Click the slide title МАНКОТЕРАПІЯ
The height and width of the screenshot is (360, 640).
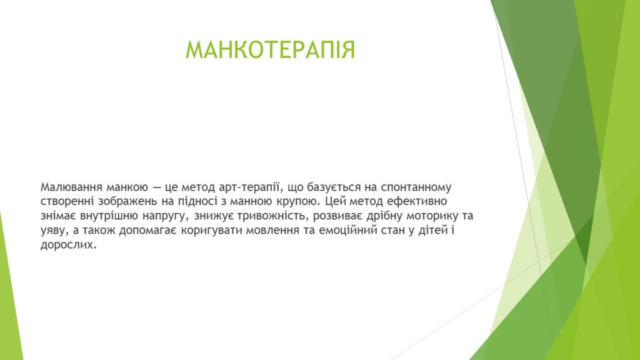270,50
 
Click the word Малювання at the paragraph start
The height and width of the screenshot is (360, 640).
71,187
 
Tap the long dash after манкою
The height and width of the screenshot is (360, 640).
156,188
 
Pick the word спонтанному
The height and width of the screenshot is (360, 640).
416,188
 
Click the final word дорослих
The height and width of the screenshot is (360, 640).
69,245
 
